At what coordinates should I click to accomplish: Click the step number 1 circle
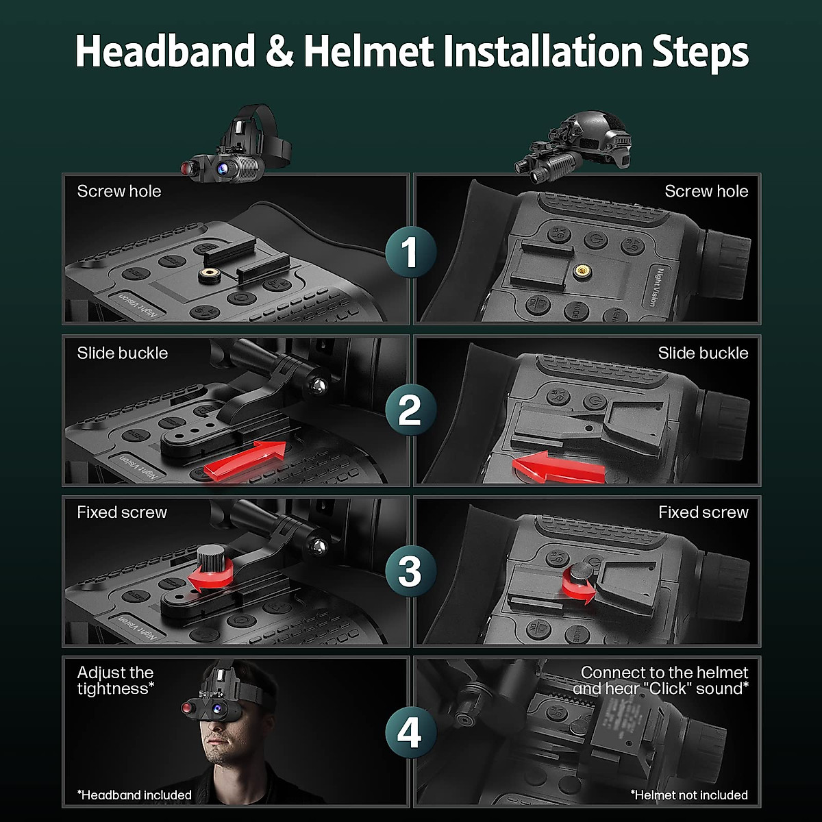410,251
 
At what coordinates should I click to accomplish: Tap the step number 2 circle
410,410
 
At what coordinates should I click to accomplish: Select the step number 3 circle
410,571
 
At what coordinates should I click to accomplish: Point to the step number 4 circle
410,732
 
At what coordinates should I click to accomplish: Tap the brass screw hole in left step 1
209,275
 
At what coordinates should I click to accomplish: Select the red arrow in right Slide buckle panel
558,467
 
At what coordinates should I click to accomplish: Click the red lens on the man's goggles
186,706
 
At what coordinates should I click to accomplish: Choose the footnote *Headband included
134,795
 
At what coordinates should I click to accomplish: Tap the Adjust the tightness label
115,680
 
